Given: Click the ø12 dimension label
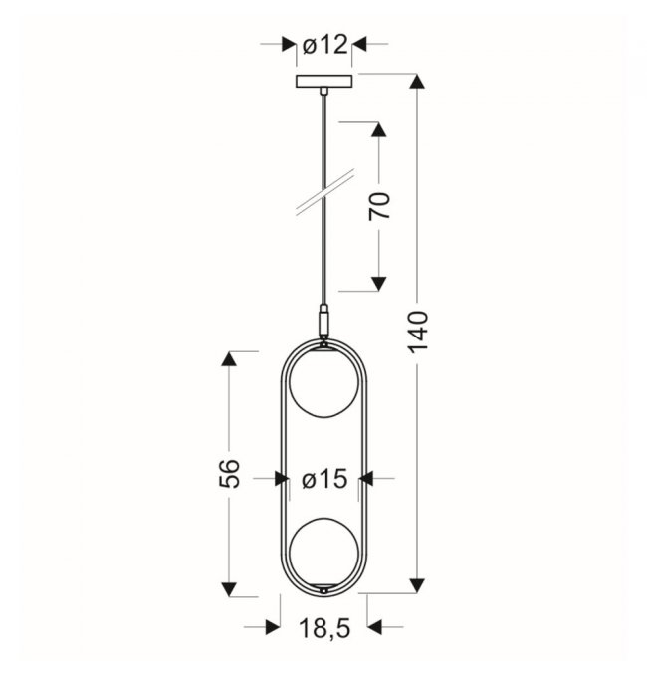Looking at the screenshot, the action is [x=324, y=44].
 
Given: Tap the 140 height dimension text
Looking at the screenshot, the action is [x=418, y=332].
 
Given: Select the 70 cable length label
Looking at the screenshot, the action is [x=379, y=206].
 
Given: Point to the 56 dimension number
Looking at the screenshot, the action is [x=229, y=474].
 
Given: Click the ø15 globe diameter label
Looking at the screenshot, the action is [x=324, y=479].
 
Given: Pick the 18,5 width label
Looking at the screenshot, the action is [x=324, y=629].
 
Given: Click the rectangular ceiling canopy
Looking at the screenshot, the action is [x=323, y=81].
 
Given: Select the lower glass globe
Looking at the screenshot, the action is [x=323, y=552].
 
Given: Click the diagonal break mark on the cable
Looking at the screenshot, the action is [x=325, y=191].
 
